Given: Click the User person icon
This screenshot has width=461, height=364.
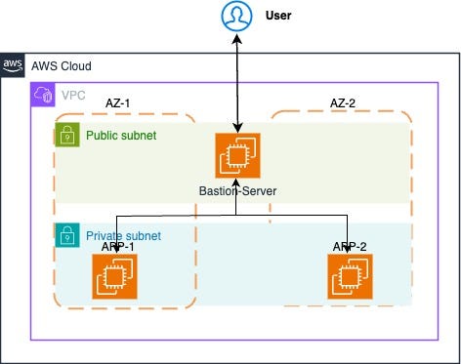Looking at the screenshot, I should coord(236,17).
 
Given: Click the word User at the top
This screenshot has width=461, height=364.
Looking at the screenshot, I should coord(278,17).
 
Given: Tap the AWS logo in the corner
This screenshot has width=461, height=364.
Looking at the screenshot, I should coord(13,65).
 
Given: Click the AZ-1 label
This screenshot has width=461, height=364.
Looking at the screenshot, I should coord(119,102).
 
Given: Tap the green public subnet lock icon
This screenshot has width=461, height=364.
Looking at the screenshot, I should coord(65,135).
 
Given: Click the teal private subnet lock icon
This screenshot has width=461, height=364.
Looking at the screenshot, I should coord(65,235).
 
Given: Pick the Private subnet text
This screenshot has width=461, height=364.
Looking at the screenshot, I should coord(123,236).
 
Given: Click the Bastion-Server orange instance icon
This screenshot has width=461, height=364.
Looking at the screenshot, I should coord(237,154).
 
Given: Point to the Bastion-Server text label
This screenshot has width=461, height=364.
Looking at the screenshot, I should coord(237,190).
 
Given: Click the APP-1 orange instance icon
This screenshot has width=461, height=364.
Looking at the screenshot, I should coord(114,276).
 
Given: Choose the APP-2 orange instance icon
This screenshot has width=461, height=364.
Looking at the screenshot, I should coord(349,276).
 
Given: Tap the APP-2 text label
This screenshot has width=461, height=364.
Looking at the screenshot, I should coord(349,246).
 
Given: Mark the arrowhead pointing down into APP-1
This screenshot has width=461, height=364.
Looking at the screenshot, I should coord(116,248).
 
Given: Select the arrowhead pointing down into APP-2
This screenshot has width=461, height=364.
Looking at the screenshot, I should coord(348,248).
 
